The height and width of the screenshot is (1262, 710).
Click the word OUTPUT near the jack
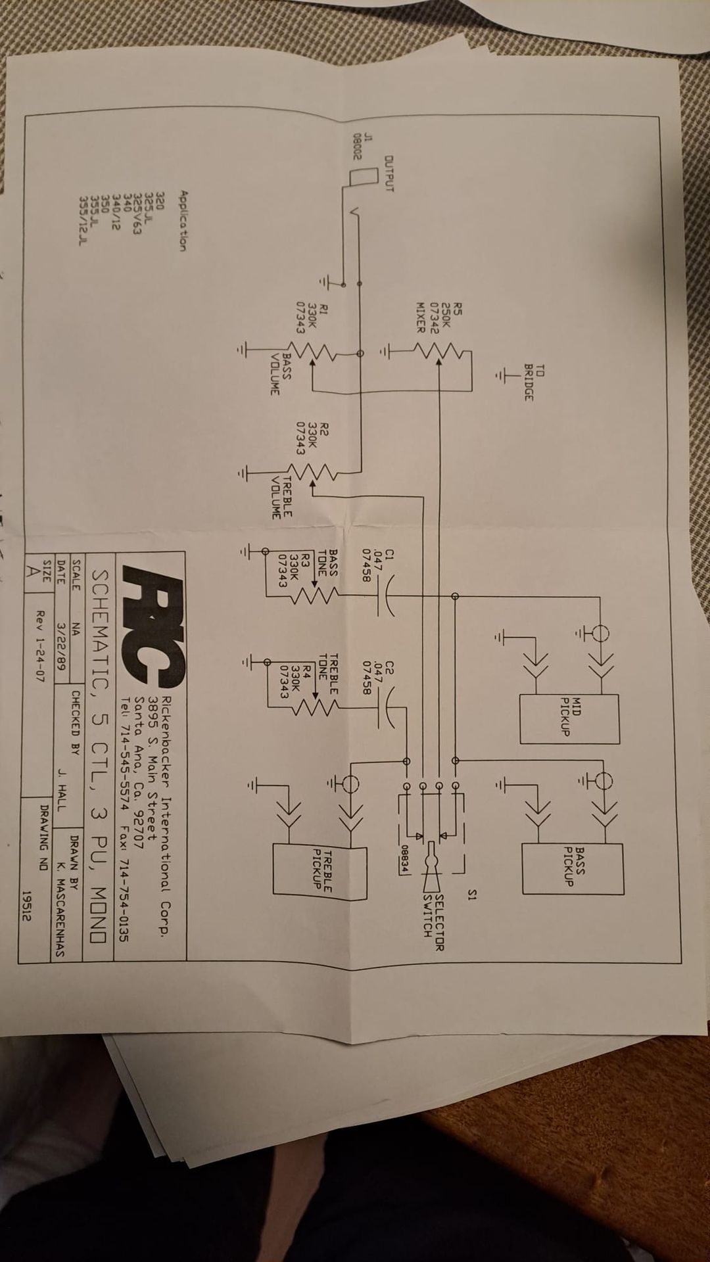(389, 173)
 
